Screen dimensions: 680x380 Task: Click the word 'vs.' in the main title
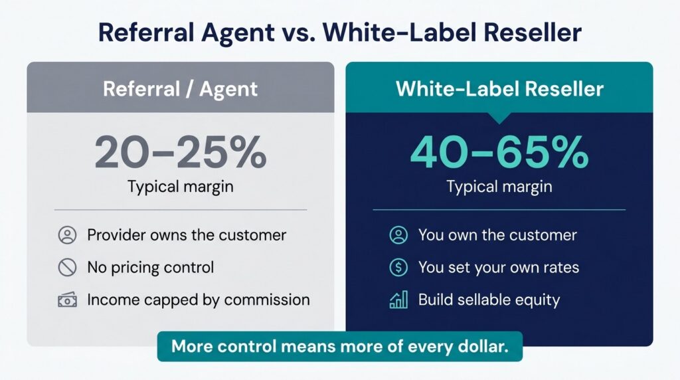(298, 33)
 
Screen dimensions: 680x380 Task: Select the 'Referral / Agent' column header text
(180, 90)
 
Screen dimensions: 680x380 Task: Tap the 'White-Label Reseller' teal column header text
(499, 89)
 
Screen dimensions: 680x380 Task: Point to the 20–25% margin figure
(181, 152)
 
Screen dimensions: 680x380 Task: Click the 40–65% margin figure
(499, 152)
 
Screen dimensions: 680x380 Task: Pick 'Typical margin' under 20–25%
(181, 187)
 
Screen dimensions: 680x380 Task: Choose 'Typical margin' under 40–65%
(499, 187)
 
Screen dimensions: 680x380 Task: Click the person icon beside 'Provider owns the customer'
(67, 235)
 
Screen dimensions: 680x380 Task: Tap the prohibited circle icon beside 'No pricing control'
(67, 268)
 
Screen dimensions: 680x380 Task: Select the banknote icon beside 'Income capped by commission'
(67, 300)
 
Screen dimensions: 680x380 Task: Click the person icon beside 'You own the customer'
(398, 235)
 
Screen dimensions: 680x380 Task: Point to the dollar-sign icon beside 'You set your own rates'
(398, 268)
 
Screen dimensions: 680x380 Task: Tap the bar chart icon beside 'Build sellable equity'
(398, 300)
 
